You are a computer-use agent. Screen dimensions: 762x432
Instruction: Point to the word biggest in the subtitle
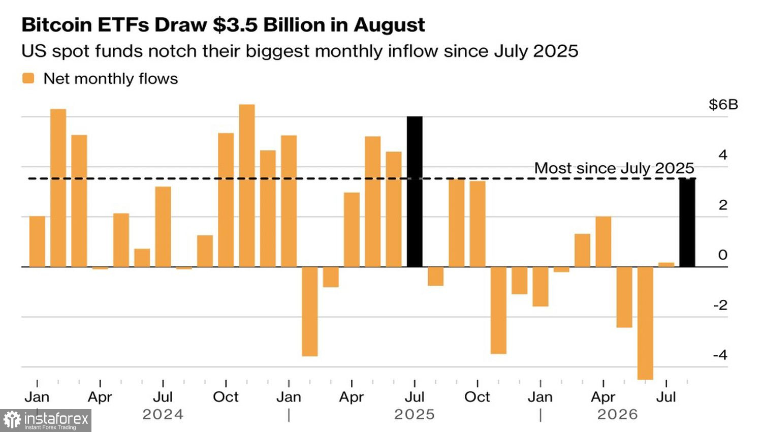(x=278, y=51)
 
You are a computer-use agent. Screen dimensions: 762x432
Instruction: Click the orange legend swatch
(x=28, y=78)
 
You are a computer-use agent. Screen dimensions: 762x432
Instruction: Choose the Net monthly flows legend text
(x=111, y=79)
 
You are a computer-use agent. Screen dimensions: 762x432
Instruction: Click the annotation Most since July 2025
(x=614, y=168)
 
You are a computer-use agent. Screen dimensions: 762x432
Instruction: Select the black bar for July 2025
(x=415, y=192)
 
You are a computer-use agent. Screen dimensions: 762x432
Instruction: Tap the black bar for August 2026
(x=687, y=222)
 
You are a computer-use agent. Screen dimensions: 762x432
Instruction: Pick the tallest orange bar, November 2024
(x=247, y=186)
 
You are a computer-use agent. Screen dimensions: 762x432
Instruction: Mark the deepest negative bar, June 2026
(x=645, y=323)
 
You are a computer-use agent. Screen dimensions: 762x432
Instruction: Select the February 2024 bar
(x=58, y=188)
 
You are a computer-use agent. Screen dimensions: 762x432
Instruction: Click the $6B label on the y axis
(x=723, y=105)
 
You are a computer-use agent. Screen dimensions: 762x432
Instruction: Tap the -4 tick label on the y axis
(x=720, y=355)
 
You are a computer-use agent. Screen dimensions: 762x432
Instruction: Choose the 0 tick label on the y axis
(x=723, y=255)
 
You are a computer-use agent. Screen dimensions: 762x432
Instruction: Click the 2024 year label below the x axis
(x=163, y=414)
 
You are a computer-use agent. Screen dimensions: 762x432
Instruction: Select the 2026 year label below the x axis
(x=617, y=414)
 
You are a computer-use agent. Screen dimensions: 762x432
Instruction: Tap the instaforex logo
(x=46, y=420)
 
